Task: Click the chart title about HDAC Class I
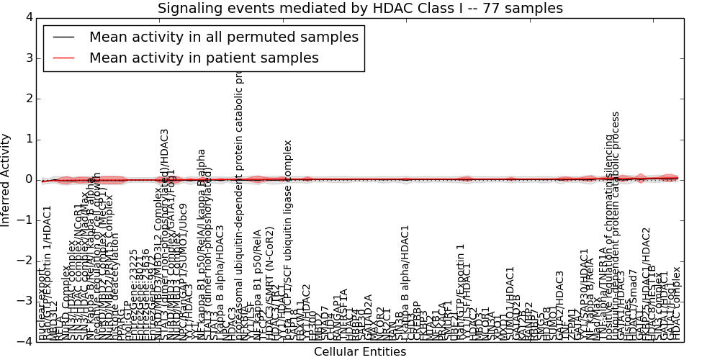360,9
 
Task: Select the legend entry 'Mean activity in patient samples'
204,58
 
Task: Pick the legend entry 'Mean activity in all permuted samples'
223,37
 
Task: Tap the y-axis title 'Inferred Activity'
6,179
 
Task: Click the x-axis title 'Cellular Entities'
360,351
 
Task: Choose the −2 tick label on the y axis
26,261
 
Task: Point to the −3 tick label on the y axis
26,301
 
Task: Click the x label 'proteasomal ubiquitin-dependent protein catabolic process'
240,205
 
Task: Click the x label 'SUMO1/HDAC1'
510,303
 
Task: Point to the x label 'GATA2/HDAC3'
559,305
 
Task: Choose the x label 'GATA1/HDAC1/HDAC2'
646,284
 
